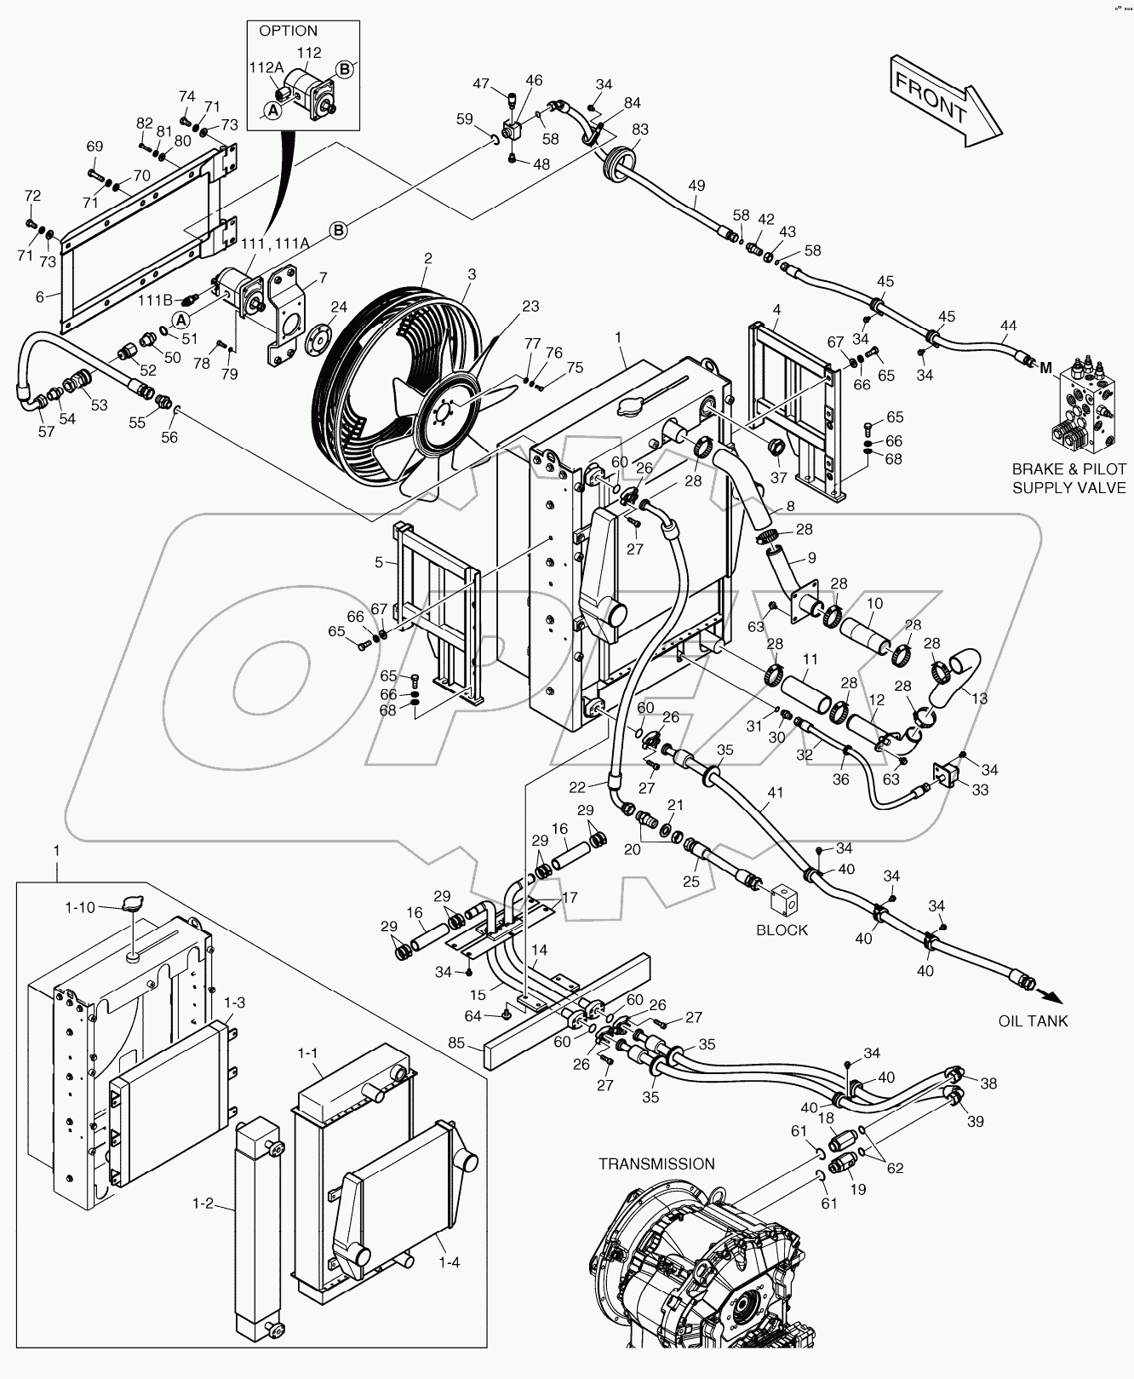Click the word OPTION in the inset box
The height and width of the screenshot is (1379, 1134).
click(288, 31)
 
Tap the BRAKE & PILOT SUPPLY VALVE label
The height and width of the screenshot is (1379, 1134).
click(1068, 479)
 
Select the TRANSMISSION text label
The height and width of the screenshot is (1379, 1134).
click(656, 1164)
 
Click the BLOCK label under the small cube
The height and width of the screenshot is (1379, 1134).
click(782, 929)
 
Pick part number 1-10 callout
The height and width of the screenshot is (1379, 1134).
click(81, 908)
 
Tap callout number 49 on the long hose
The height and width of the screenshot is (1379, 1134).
click(696, 186)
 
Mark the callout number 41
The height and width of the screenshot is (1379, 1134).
click(774, 793)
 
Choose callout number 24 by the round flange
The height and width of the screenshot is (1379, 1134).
click(339, 307)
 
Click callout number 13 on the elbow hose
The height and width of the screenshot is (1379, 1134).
click(979, 698)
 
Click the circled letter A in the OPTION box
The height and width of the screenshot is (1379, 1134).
click(273, 110)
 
